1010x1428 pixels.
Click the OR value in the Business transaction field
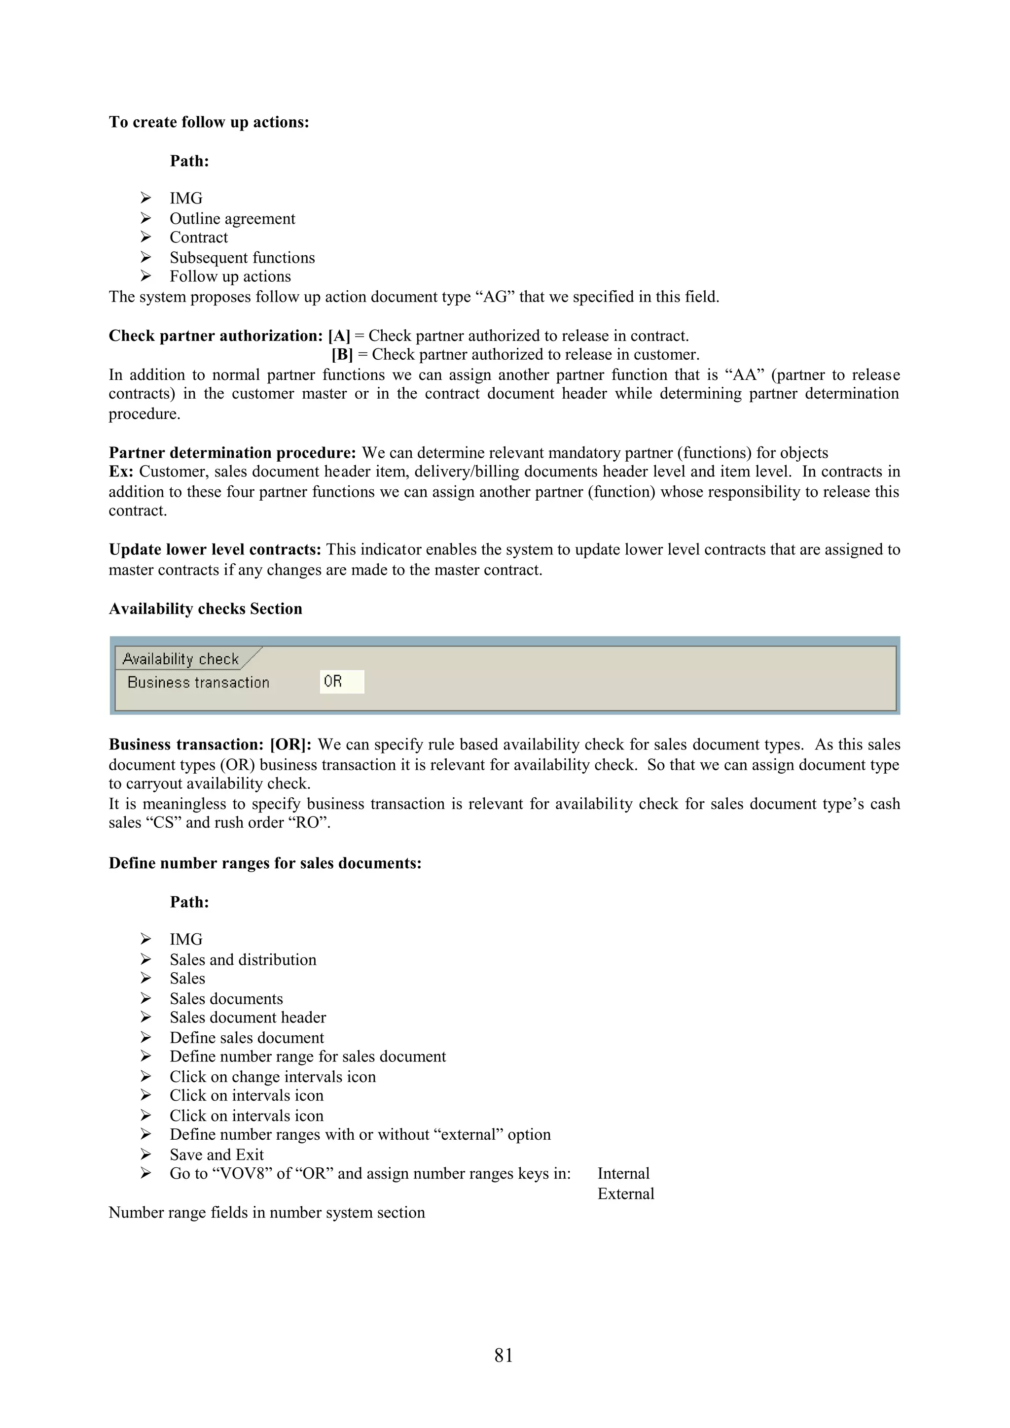(x=333, y=681)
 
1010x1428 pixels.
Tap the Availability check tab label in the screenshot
(x=180, y=659)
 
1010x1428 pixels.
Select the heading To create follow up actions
(x=209, y=122)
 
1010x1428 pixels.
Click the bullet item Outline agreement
(x=232, y=219)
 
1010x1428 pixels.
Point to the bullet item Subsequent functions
(x=242, y=258)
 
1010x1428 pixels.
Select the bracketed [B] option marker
(x=342, y=354)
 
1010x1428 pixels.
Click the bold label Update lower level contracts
(x=215, y=550)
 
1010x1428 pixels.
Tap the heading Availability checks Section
(x=205, y=609)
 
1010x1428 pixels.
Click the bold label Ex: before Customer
(x=121, y=472)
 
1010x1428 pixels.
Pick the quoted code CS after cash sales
(x=164, y=823)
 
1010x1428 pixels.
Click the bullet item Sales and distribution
(x=243, y=960)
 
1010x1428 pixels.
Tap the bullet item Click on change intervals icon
(x=273, y=1077)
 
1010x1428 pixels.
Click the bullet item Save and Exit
(x=216, y=1155)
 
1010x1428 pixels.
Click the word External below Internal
(x=625, y=1193)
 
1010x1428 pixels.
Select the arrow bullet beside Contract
(x=145, y=237)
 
